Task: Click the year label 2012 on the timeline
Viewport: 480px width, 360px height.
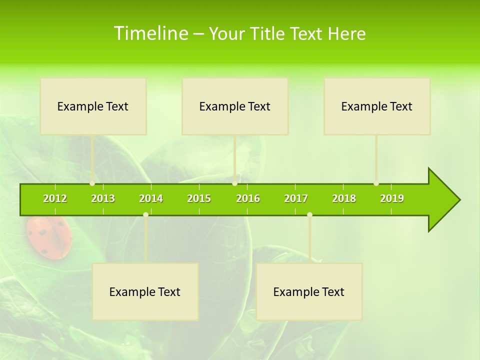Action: [x=55, y=198]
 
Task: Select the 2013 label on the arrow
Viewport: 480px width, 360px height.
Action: [x=103, y=198]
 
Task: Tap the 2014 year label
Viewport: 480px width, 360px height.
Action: [x=151, y=198]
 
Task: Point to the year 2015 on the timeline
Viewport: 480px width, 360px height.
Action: [x=199, y=198]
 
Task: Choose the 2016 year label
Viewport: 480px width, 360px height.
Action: [x=248, y=198]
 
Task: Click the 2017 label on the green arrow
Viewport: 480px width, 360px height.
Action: [x=296, y=198]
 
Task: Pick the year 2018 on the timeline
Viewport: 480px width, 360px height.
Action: [x=344, y=198]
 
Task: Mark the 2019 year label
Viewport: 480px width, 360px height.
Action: [x=392, y=198]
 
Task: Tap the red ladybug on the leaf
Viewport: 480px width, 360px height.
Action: [x=49, y=238]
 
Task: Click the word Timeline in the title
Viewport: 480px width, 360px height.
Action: [x=150, y=33]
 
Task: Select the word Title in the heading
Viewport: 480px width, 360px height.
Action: [x=269, y=34]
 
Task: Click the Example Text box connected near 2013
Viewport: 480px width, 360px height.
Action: [x=93, y=106]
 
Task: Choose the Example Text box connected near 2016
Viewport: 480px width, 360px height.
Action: [x=235, y=106]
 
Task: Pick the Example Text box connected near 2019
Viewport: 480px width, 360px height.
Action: [x=377, y=106]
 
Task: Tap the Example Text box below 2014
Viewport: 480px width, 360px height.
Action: [x=145, y=291]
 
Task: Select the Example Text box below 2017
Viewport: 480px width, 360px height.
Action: [x=309, y=291]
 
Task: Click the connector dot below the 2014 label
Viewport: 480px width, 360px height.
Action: [x=145, y=214]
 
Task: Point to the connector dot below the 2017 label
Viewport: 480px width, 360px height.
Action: [x=309, y=214]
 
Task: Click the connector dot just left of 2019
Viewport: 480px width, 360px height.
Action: [x=376, y=183]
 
